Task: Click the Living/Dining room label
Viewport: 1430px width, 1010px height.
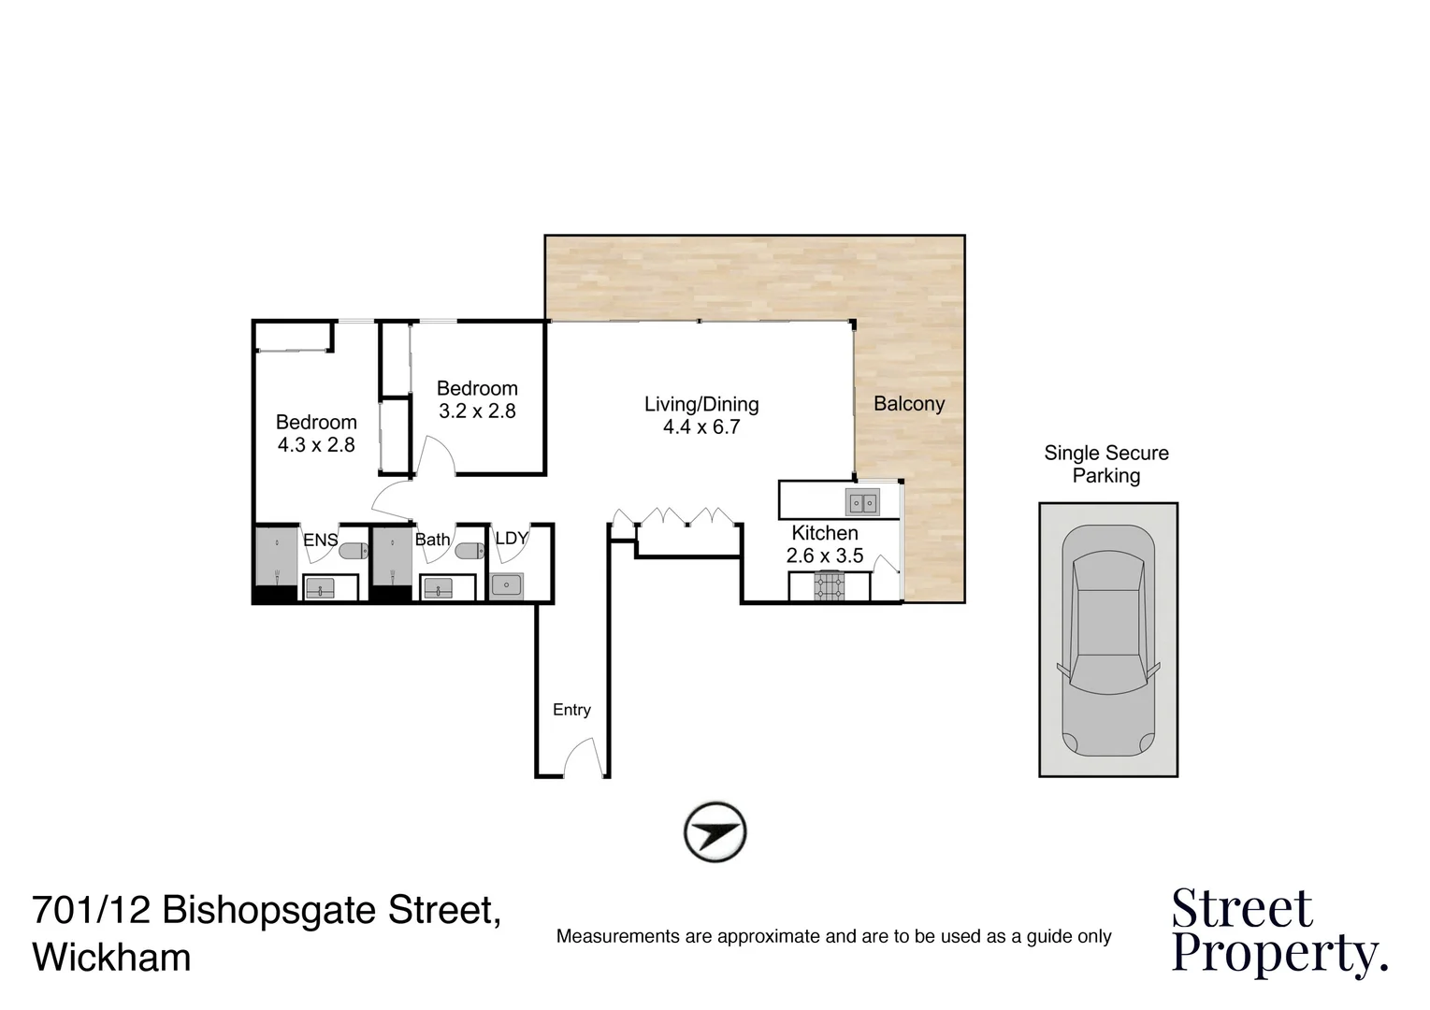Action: click(x=701, y=404)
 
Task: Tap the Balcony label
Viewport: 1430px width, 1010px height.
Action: click(x=908, y=403)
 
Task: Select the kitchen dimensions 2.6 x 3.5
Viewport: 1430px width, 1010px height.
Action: click(x=824, y=555)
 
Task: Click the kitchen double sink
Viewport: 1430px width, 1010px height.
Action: click(x=861, y=502)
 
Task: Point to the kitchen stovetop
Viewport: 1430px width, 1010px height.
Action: click(x=829, y=586)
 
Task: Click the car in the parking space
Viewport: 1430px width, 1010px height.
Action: click(x=1107, y=641)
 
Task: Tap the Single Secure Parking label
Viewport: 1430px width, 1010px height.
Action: click(x=1105, y=464)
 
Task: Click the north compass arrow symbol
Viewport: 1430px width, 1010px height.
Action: click(x=715, y=830)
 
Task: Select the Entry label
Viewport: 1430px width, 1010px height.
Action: click(x=571, y=710)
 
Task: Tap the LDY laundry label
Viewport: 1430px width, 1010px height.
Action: click(x=511, y=539)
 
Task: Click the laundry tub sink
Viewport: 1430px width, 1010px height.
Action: click(x=506, y=586)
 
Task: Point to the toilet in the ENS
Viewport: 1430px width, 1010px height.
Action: click(x=353, y=552)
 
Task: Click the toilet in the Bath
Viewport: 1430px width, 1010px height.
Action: click(x=469, y=552)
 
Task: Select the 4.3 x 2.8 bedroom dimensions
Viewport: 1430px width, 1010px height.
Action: click(x=315, y=445)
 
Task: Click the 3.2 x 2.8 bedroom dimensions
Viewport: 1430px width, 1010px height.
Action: click(x=476, y=411)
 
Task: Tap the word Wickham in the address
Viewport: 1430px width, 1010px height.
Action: click(x=111, y=958)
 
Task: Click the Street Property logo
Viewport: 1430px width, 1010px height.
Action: click(x=1278, y=931)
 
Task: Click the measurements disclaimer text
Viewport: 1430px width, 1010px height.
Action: click(x=833, y=936)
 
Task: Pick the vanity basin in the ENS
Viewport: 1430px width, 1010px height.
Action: click(x=320, y=589)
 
